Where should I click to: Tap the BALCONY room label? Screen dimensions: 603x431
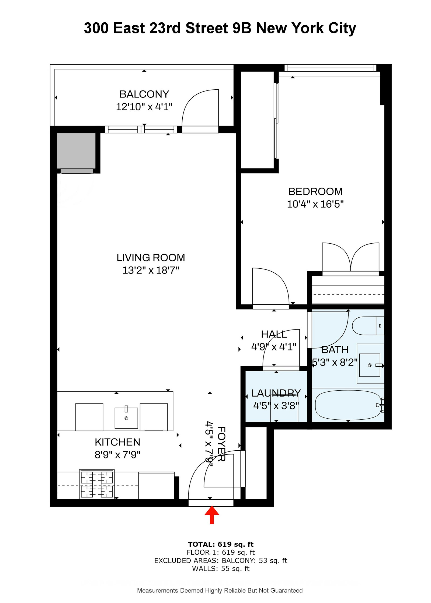[144, 94]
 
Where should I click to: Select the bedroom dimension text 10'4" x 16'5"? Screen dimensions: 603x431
[315, 204]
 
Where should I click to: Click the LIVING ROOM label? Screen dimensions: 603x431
[151, 258]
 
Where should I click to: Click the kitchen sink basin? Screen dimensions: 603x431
[126, 418]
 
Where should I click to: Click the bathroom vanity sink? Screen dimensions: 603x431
[369, 365]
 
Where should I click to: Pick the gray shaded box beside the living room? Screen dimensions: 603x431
[76, 150]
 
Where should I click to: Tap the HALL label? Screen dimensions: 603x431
[274, 334]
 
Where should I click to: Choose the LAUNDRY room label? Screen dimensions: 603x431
[276, 393]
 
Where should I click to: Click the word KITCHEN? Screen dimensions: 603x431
[117, 442]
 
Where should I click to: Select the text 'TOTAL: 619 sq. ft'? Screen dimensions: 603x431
[220, 544]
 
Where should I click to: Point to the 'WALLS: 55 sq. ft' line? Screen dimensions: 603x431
[220, 569]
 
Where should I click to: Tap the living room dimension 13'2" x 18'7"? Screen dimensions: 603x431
[151, 270]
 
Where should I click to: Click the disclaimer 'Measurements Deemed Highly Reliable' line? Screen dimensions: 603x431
[220, 591]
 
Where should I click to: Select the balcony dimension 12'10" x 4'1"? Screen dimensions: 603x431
[144, 107]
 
